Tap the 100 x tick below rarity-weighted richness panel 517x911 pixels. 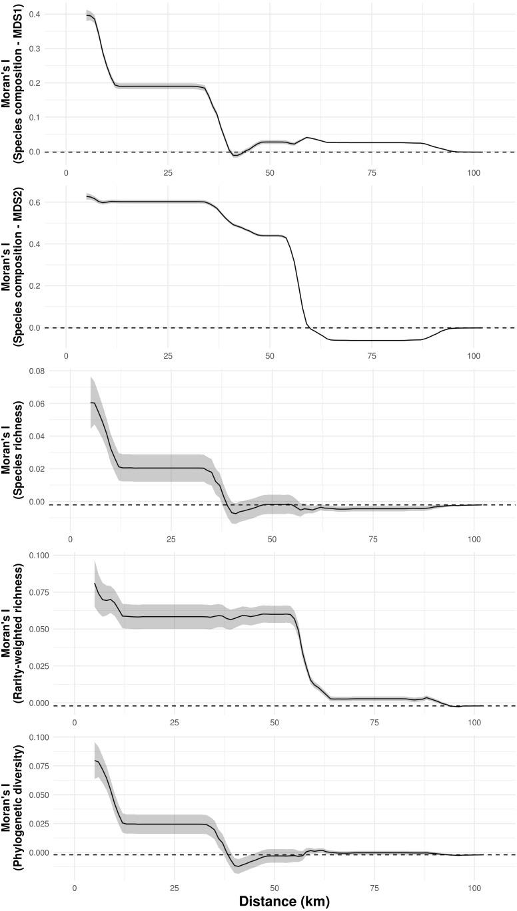coord(475,722)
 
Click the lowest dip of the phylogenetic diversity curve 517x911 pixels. coord(239,866)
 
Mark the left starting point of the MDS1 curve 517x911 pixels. coord(87,15)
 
